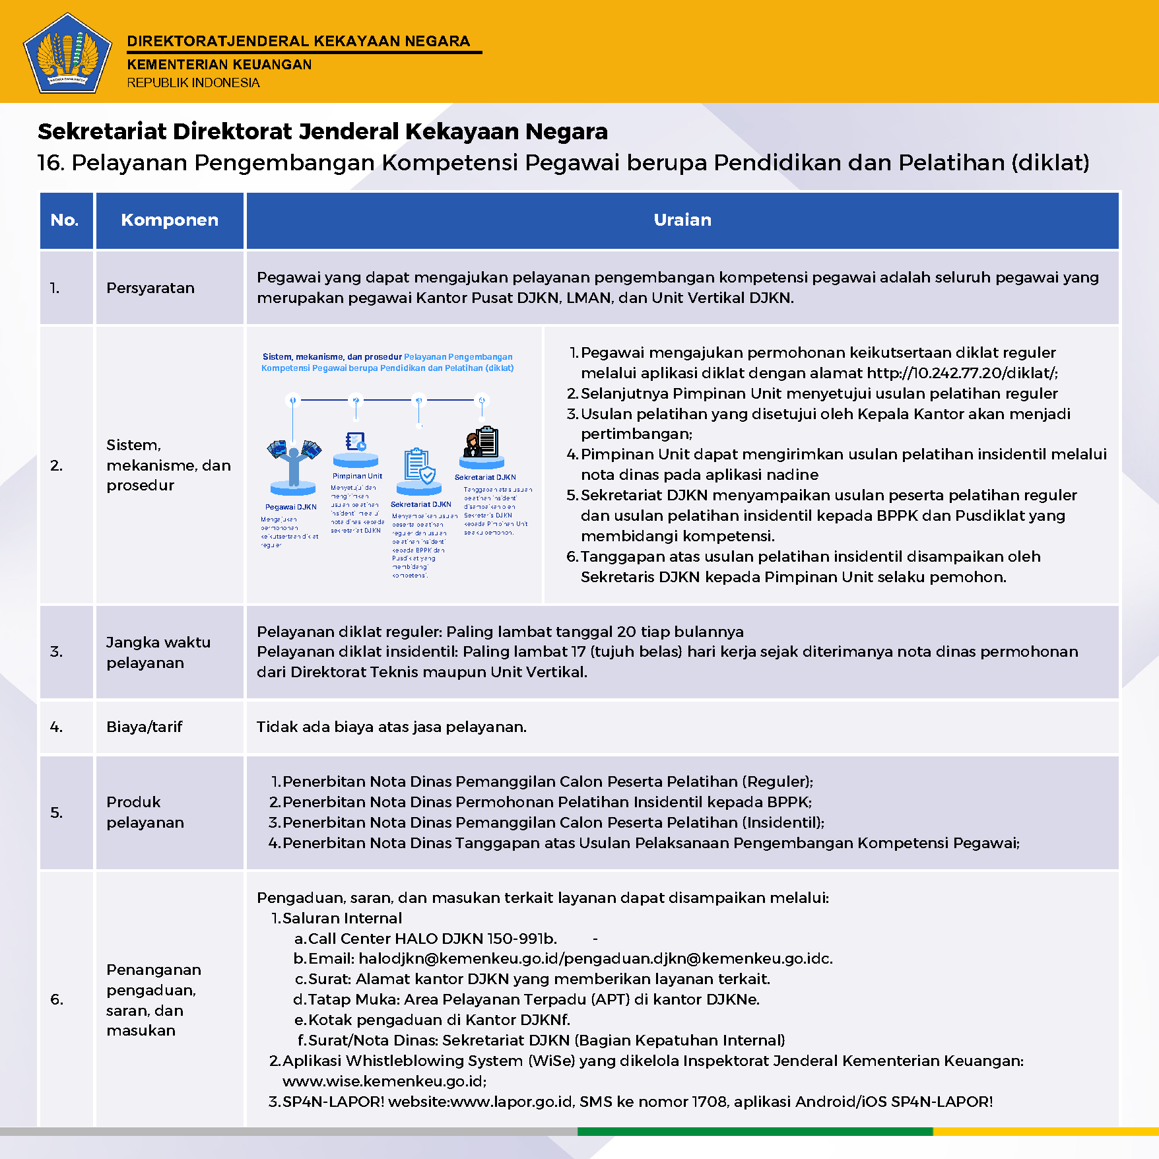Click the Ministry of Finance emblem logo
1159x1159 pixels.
[67, 53]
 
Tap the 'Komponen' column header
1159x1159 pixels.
[170, 220]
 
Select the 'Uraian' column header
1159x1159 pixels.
[682, 220]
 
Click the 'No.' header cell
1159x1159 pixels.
[65, 220]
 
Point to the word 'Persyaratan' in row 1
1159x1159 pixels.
[150, 288]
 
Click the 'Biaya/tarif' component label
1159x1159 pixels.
[144, 727]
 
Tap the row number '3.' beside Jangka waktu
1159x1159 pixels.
[57, 651]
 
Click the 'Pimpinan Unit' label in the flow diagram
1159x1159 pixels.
[357, 476]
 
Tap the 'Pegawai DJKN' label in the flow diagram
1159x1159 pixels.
[291, 507]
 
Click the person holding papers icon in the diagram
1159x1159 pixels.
[294, 461]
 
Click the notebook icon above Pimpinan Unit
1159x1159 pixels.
[356, 441]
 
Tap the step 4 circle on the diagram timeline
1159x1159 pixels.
[482, 400]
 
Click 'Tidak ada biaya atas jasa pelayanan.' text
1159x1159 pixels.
[391, 727]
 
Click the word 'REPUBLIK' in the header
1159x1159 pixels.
[158, 83]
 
